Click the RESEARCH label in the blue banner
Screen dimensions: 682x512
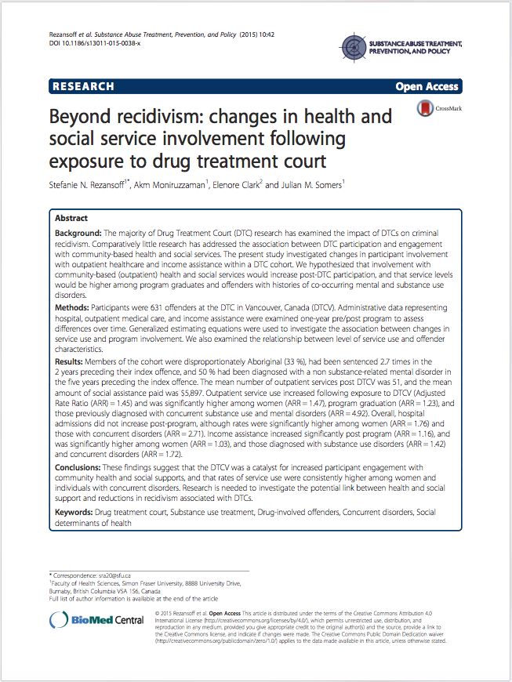82,86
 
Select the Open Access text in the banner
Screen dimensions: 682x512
427,86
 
